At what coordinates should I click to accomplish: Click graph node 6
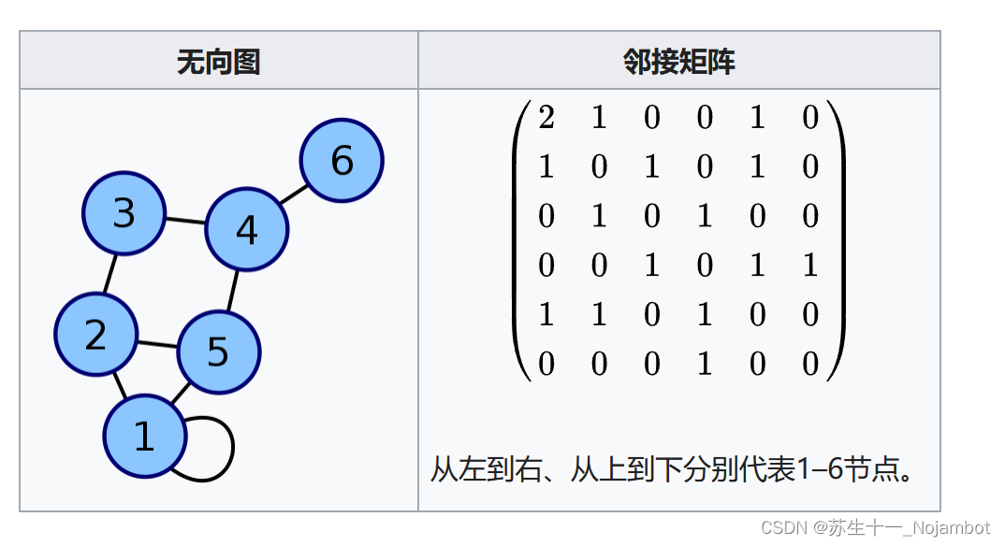click(342, 161)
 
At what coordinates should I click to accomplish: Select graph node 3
click(124, 214)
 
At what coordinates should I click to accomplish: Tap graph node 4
click(246, 230)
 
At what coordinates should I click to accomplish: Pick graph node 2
click(95, 335)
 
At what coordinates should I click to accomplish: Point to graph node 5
click(218, 352)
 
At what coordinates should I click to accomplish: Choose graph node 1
click(144, 437)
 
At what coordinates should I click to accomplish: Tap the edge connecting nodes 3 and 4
click(185, 222)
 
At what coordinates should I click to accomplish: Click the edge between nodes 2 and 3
click(110, 274)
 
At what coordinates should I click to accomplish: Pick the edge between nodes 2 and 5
click(156, 343)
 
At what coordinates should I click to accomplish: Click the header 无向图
click(218, 62)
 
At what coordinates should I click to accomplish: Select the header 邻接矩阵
click(678, 62)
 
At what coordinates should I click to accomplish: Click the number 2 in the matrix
click(546, 117)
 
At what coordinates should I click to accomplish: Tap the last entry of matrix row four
click(809, 265)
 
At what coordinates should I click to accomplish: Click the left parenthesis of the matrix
click(520, 239)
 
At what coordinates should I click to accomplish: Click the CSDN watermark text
click(875, 528)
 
